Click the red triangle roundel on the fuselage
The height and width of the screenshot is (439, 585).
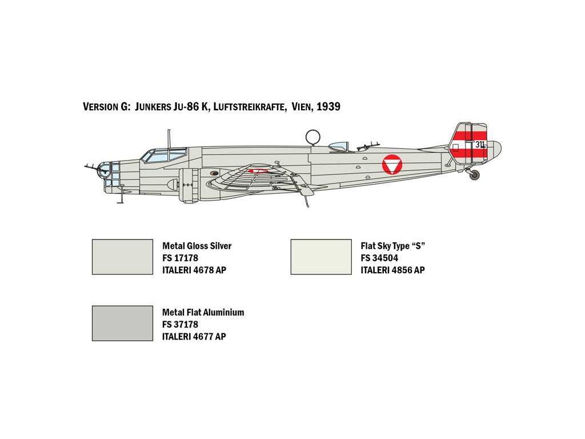pos(391,165)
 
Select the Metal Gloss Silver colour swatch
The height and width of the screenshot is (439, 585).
pos(122,257)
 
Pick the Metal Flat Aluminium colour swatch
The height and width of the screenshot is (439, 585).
pos(122,323)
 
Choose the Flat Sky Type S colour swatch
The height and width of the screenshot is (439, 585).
pos(321,257)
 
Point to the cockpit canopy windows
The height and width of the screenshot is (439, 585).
pos(165,155)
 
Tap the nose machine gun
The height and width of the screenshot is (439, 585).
pos(91,167)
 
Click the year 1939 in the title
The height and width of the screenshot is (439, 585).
pos(328,107)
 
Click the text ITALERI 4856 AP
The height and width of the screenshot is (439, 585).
pos(392,270)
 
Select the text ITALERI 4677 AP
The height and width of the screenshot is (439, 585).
pos(194,336)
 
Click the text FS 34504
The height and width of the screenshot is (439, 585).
pos(379,258)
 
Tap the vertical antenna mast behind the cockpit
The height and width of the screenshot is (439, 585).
pos(169,138)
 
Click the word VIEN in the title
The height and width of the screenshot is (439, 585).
pos(301,107)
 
